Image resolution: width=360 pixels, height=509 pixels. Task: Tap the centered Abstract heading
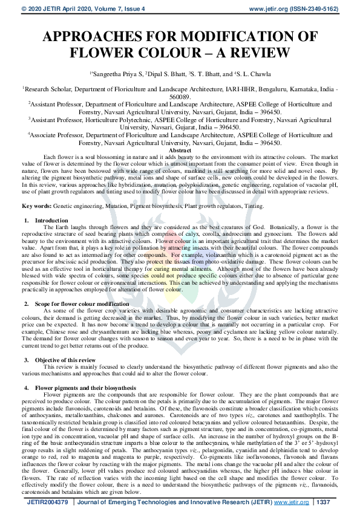180,151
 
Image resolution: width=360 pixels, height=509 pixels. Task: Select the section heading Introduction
51,221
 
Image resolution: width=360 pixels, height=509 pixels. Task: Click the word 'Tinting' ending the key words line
252,206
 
